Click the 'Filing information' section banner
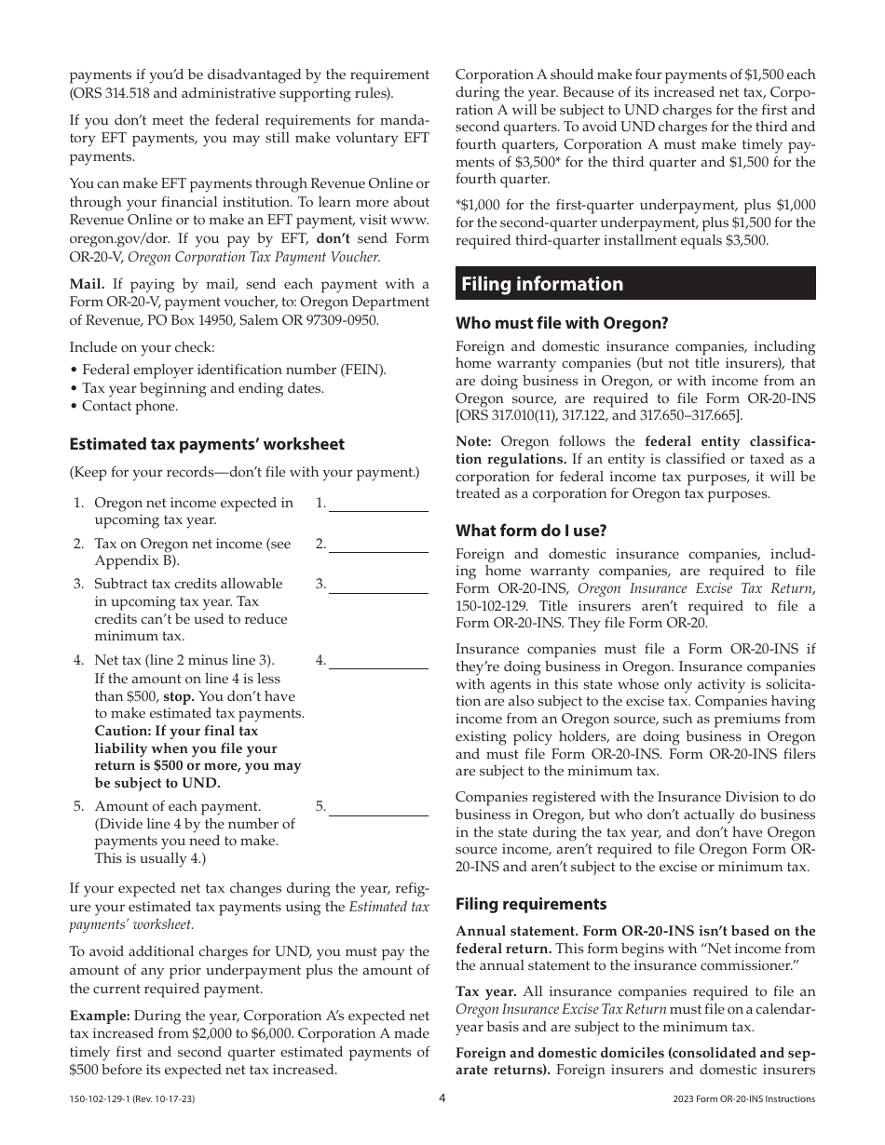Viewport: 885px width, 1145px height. (635, 284)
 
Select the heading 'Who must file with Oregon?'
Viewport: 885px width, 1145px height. (562, 323)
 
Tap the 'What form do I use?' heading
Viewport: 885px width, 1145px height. (531, 531)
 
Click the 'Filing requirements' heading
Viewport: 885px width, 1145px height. (531, 904)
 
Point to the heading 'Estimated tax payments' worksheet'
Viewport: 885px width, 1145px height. (207, 444)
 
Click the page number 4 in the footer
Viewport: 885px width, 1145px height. (442, 1098)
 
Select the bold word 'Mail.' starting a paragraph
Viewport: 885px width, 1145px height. (88, 284)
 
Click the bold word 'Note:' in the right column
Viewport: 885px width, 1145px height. (475, 441)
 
